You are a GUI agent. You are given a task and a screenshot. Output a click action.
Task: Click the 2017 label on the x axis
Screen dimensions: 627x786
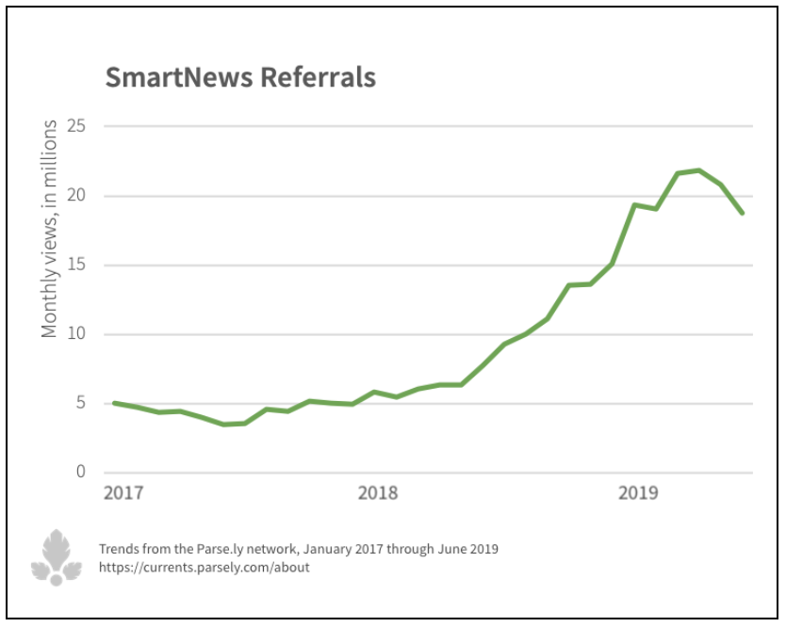(123, 492)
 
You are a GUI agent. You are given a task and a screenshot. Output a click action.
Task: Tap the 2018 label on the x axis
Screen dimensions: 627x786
(378, 492)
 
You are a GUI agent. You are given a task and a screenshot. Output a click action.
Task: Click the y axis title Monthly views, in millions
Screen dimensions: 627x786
(50, 228)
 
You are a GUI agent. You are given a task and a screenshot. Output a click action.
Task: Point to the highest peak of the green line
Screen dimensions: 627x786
(698, 170)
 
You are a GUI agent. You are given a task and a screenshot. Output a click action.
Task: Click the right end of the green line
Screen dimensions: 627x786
(743, 213)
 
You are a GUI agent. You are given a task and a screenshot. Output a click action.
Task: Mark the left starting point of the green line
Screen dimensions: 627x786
(114, 403)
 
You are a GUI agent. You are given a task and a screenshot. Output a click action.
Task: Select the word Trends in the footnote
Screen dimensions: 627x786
(118, 549)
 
